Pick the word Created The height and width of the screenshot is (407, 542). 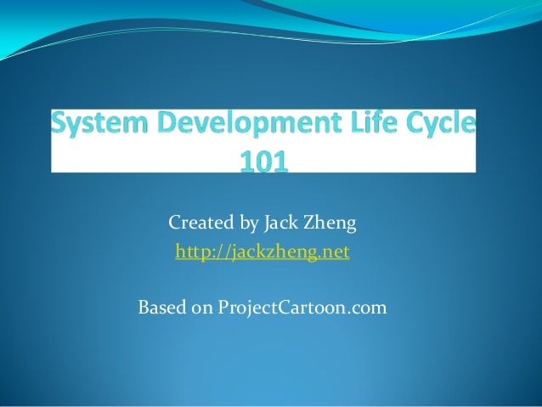[x=201, y=224]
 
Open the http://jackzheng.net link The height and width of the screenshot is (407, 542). [x=262, y=252]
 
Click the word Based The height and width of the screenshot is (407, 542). [x=161, y=305]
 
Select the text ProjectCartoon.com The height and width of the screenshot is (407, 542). [x=302, y=306]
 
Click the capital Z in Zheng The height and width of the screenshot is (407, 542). [x=316, y=224]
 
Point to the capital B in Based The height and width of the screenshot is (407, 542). [x=143, y=305]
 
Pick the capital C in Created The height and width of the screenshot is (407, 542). [x=175, y=224]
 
